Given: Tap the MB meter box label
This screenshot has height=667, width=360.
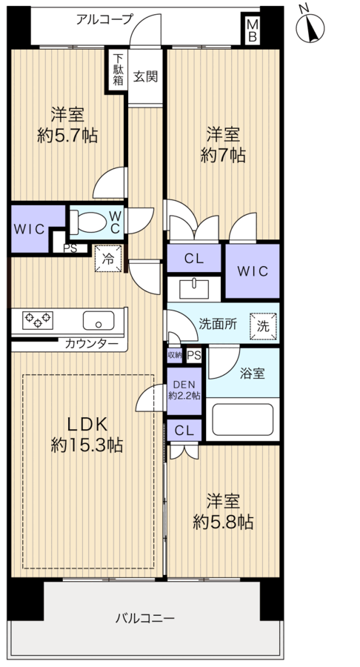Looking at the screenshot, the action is pos(252,30).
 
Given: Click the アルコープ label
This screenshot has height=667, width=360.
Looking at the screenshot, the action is pos(104,19).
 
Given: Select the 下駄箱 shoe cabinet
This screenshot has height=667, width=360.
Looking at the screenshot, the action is pos(118,69).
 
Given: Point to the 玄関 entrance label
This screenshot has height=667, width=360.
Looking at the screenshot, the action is pos(145,76).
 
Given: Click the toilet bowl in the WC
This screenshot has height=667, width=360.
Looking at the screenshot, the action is pos(88,222).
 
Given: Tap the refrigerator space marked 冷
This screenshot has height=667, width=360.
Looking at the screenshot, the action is pos(108,258).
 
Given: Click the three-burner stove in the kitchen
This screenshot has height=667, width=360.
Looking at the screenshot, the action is pos(38,320).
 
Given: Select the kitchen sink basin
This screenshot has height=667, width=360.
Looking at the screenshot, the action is pos(99,320).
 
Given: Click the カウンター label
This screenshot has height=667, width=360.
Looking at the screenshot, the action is pos(91,343).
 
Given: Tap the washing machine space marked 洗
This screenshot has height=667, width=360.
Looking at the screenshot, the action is pos(263,326).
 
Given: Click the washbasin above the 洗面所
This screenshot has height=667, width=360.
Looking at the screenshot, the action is pos(194,289).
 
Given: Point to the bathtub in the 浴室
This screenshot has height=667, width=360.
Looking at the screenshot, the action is pos(242,419).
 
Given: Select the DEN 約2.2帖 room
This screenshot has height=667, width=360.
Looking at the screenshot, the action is pos(184,391).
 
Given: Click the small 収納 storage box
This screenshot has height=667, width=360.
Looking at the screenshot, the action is pos(174,355).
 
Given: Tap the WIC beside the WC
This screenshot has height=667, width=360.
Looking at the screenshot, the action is pos(30,229).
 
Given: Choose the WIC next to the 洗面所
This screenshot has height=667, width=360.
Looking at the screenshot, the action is pos(253,271).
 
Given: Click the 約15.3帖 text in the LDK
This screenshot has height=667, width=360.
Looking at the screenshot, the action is pos(87,445).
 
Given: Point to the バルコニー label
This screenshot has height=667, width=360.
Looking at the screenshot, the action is pos(145,617).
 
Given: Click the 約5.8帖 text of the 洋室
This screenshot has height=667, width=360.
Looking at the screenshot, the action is pos(223,522).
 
